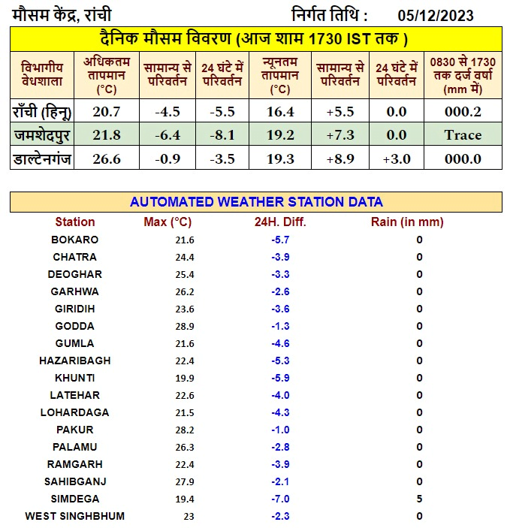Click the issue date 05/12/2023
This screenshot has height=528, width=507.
436,15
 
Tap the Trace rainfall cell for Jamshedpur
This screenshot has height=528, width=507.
463,135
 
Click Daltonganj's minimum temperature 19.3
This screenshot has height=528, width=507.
280,158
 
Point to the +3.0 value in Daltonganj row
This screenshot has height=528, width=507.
395,158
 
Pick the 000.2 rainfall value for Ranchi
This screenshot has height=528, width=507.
463,112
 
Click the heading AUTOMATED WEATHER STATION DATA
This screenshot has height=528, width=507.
256,202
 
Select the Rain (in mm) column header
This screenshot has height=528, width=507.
407,222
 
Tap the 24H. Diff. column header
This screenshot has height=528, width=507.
280,222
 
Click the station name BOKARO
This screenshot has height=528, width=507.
75,240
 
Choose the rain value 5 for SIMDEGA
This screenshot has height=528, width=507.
419,499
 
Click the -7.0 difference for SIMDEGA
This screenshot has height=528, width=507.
280,499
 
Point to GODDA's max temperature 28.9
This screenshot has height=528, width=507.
184,326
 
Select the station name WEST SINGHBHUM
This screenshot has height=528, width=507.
75,516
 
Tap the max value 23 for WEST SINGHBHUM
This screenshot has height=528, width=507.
189,516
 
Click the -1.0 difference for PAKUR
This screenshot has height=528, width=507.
280,430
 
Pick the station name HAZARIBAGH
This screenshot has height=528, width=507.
75,361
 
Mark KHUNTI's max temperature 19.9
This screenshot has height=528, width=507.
184,378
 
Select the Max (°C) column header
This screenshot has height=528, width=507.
167,222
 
